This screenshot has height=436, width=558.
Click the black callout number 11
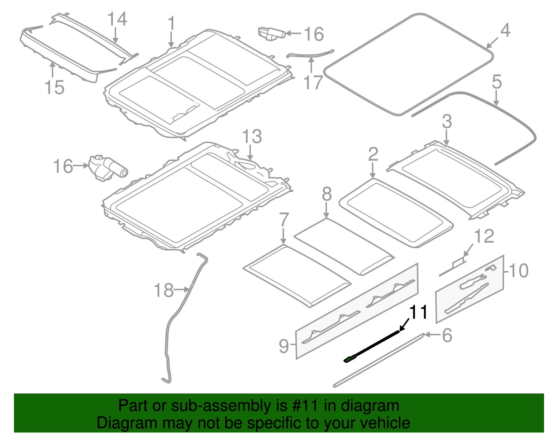coord(418,312)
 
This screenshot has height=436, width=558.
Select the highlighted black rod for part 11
coord(371,347)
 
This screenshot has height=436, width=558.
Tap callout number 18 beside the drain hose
coord(164,290)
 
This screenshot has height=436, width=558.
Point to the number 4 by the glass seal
coord(505,30)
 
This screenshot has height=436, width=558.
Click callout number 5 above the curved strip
coord(497,82)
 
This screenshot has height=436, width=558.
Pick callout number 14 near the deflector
coord(117,19)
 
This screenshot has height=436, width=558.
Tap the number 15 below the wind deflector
coord(54,87)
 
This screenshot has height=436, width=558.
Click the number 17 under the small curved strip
coord(313,82)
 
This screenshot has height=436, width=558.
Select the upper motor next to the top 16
coord(271,34)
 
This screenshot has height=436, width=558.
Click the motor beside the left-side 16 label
coord(108,168)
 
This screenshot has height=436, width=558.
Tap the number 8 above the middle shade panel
coord(327,194)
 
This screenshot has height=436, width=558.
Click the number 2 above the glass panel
coord(373,154)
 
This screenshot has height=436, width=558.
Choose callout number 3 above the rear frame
coord(447,121)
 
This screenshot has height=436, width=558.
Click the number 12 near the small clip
coord(484,236)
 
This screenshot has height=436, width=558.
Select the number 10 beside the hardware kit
coord(519,271)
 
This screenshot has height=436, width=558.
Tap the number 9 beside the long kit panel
coord(284,346)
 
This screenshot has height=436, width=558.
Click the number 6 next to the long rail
coord(447,335)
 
